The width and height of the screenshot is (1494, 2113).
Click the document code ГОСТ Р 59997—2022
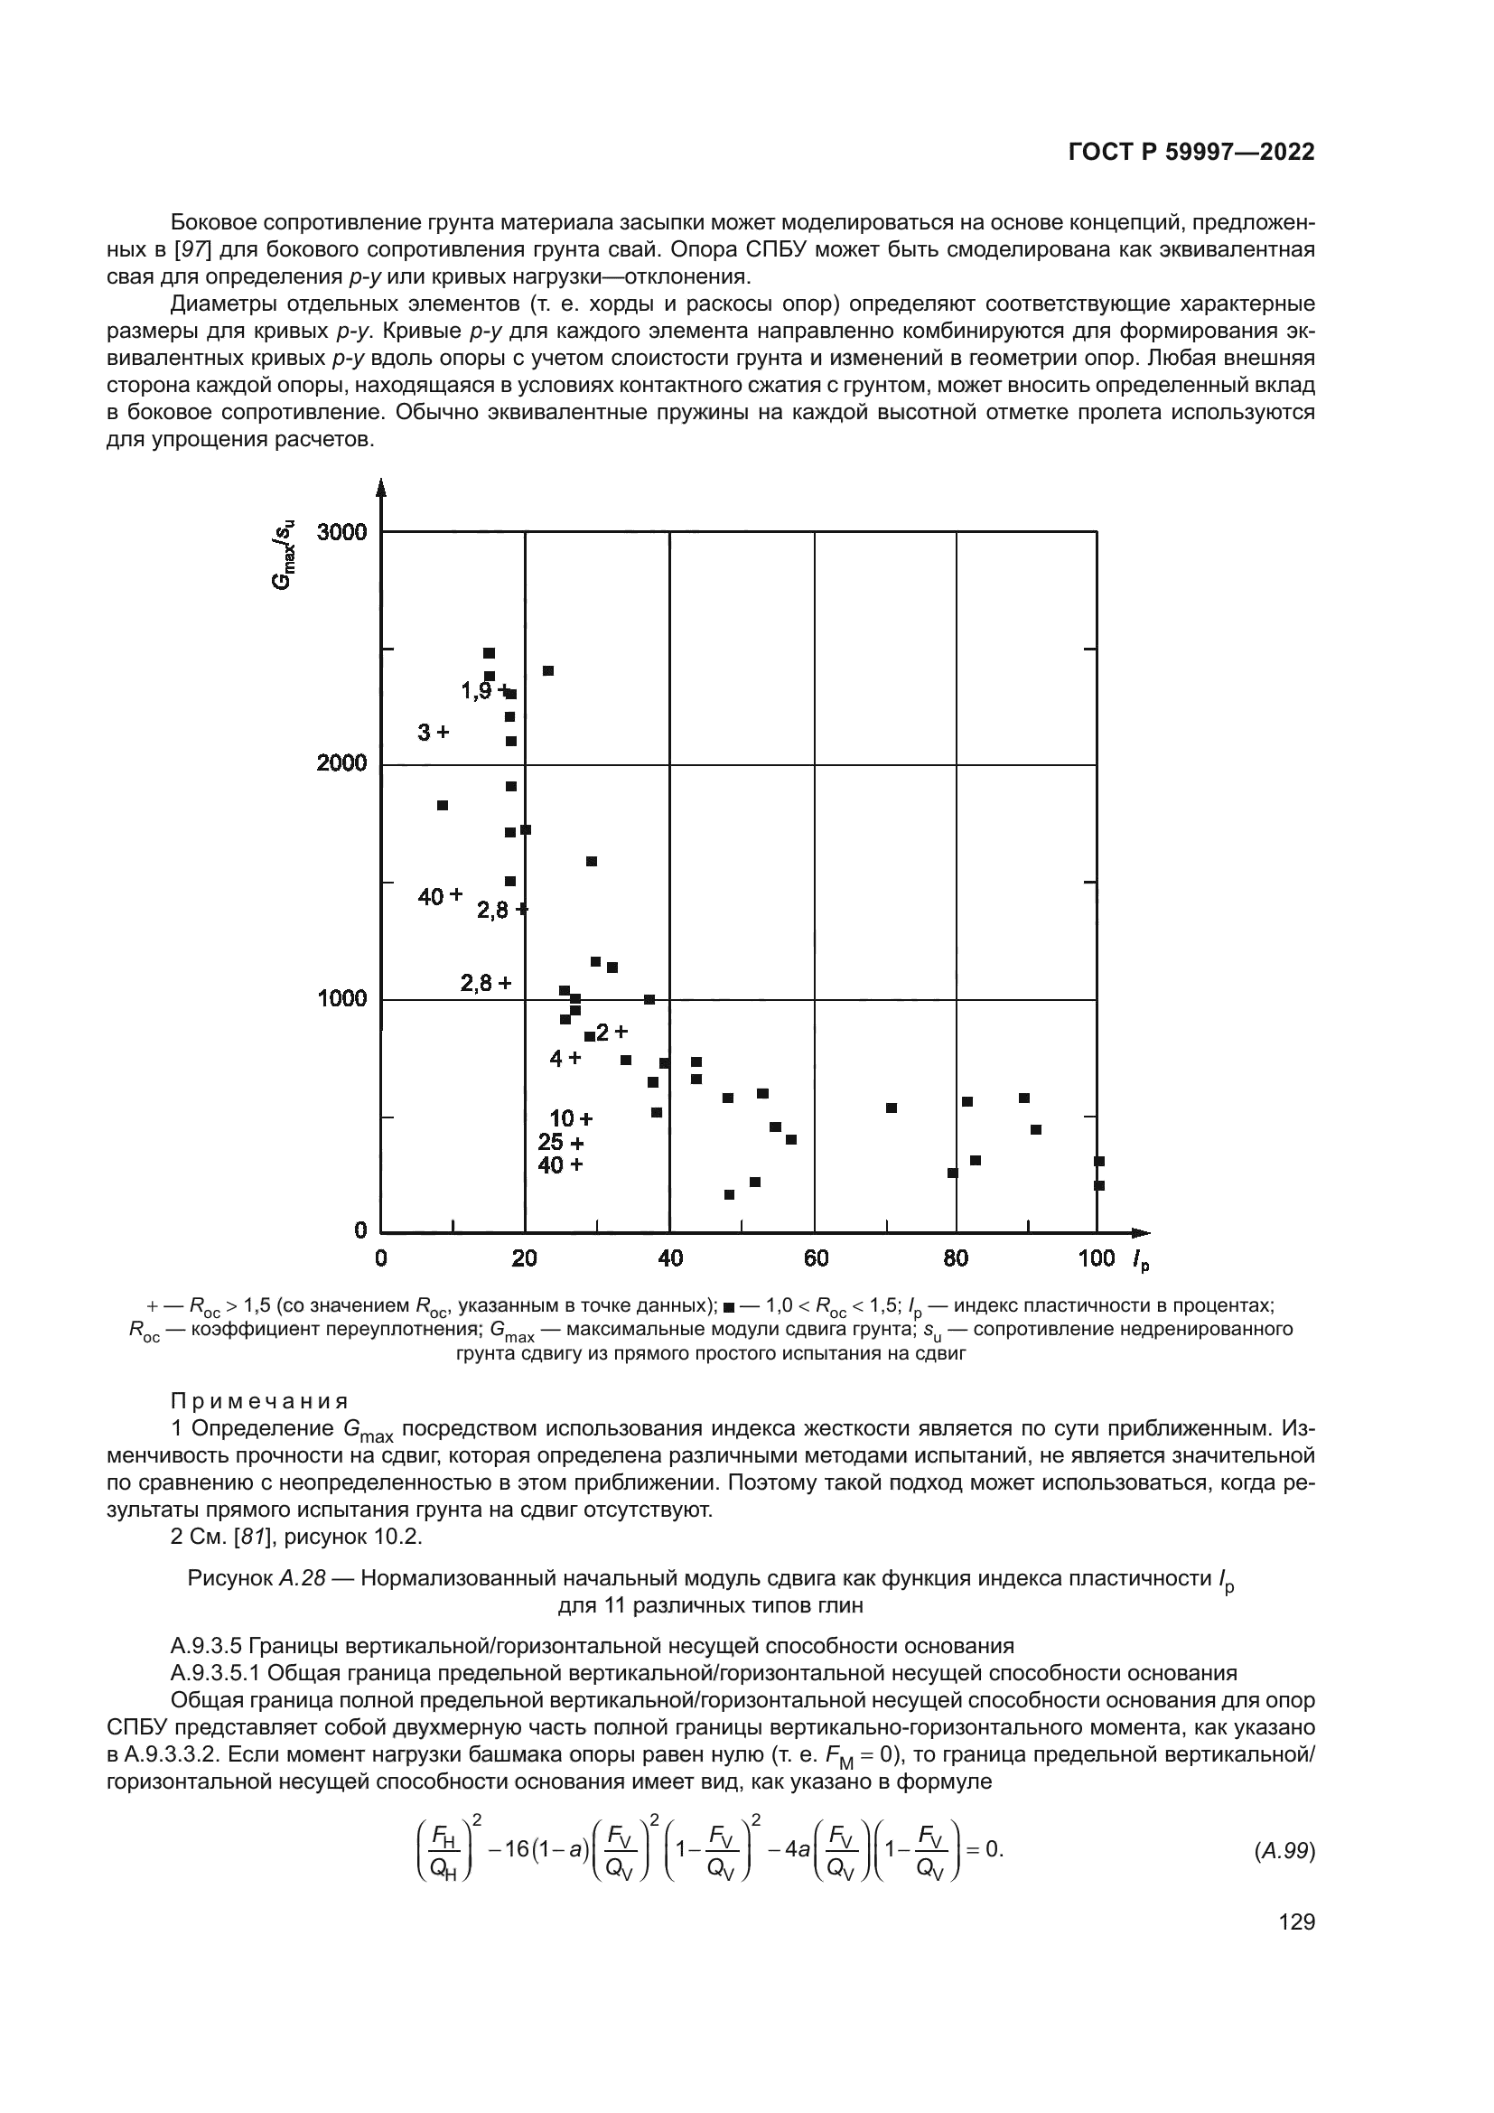[1191, 153]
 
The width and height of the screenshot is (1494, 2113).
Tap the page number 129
[1296, 1922]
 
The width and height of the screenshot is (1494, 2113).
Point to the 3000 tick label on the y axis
[341, 533]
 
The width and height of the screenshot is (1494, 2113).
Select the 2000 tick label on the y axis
[341, 764]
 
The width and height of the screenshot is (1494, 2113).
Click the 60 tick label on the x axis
[815, 1258]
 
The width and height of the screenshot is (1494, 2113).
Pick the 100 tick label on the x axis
[1096, 1258]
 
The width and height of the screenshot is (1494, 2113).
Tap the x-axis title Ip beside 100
[1141, 1261]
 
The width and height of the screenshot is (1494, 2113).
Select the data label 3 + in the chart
[434, 733]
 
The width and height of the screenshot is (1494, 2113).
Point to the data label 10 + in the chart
[570, 1119]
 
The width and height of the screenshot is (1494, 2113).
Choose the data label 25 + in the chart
[560, 1143]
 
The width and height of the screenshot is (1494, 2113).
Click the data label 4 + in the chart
[565, 1059]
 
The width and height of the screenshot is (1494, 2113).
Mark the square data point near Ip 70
[892, 1108]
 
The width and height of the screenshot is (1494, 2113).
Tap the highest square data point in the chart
[490, 653]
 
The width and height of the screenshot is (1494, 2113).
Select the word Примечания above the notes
[259, 1402]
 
